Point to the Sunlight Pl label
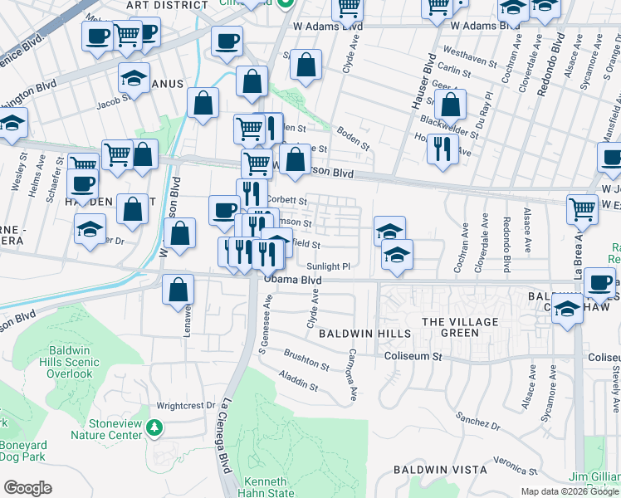[x=330, y=266]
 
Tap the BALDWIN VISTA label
[x=439, y=470]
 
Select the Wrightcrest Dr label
[x=186, y=406]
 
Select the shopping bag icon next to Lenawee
[x=178, y=290]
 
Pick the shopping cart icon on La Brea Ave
[x=583, y=210]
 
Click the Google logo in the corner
[x=28, y=487]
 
